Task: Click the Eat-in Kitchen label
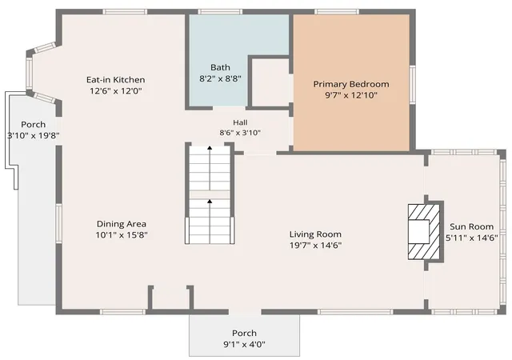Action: coord(115,80)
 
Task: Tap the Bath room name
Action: coord(220,68)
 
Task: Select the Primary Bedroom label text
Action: coord(351,84)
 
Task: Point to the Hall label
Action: coord(240,122)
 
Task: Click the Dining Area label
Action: coord(121,224)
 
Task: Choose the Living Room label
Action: coord(315,234)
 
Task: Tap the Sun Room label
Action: coord(471,226)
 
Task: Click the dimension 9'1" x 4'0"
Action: coord(244,344)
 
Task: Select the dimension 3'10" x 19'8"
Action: coord(34,135)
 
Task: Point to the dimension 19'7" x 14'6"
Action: coord(315,245)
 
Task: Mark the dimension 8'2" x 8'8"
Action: coord(220,78)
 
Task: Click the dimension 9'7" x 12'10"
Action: coord(351,95)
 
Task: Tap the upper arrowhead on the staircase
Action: coord(210,148)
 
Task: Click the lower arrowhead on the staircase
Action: coord(210,202)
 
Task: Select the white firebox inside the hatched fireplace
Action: coord(418,232)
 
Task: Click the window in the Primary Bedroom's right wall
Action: coord(413,84)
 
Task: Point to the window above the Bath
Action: coord(220,12)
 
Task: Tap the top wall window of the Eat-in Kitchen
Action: coord(125,12)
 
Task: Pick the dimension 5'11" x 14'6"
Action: coord(471,238)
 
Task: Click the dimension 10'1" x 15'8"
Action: coord(122,235)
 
